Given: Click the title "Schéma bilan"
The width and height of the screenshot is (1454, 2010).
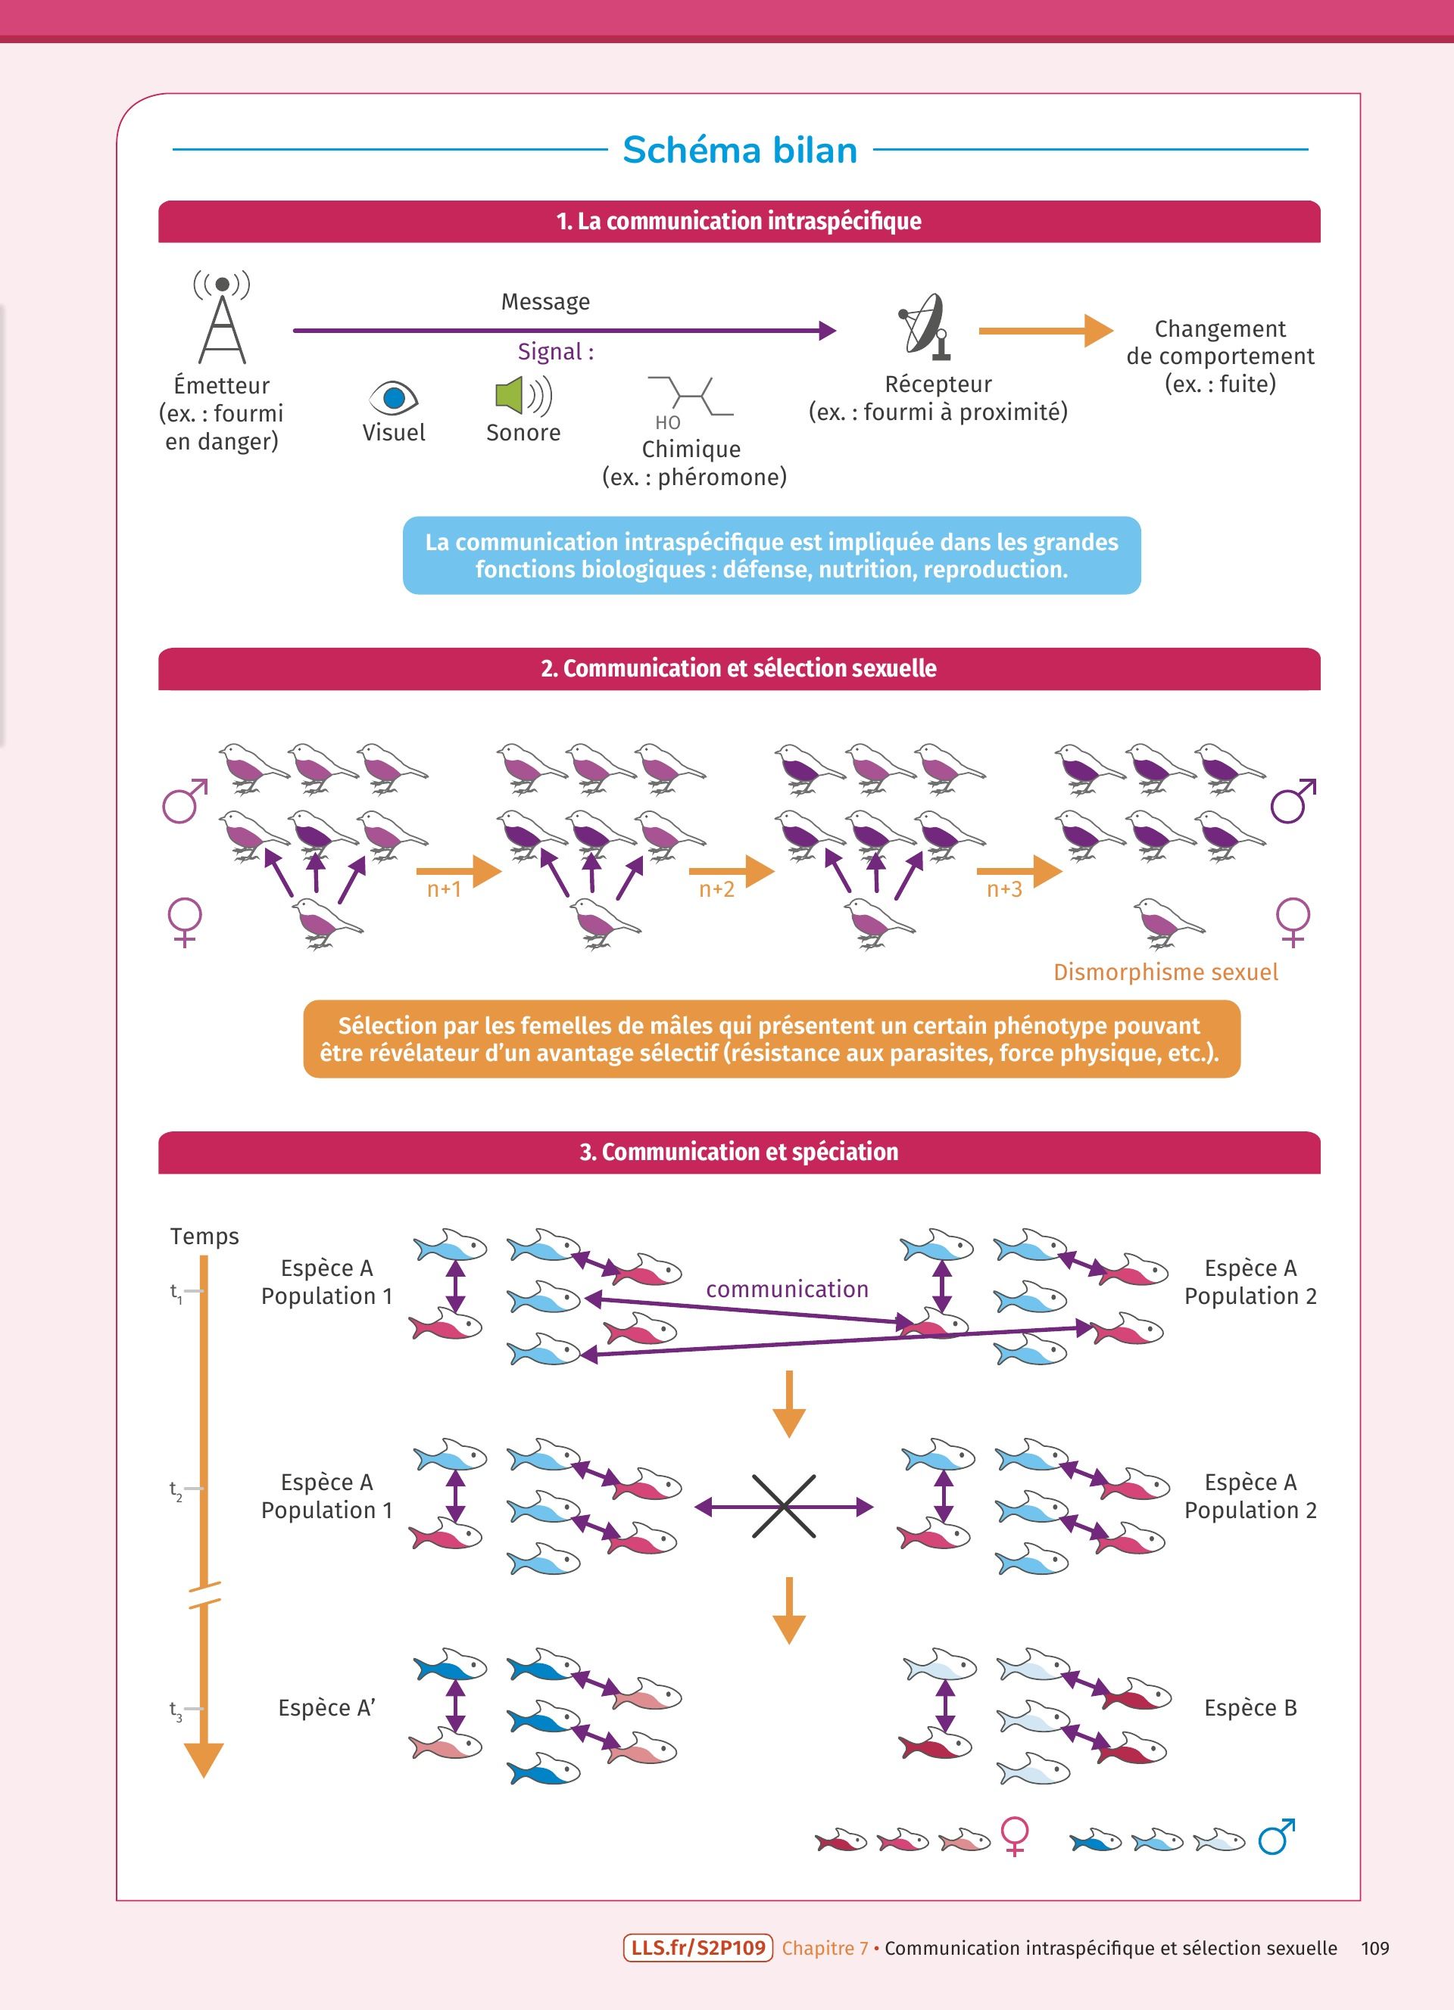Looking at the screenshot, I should click(739, 151).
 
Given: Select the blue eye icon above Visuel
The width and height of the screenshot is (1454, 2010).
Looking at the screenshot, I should click(393, 397).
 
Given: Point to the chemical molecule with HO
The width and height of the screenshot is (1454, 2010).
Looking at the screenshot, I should click(691, 401).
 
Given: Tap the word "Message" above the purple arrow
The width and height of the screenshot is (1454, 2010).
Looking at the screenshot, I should click(545, 302).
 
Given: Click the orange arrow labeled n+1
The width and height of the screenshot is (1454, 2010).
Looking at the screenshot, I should click(458, 871).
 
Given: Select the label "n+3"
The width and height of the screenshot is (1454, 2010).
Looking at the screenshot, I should click(1004, 889).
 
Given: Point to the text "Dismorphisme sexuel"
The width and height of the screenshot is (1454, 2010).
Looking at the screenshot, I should click(1165, 972).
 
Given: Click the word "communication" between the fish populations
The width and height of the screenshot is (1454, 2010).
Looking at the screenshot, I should click(788, 1290).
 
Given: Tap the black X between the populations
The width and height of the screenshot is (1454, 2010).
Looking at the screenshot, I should click(784, 1507).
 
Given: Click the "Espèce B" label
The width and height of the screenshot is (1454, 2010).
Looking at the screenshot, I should click(1250, 1708).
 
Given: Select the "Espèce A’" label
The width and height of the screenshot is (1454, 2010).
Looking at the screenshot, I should click(326, 1708).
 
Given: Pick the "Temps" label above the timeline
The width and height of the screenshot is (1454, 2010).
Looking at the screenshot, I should click(204, 1237).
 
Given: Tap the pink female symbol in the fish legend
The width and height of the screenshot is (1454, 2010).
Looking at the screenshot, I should click(1014, 1836).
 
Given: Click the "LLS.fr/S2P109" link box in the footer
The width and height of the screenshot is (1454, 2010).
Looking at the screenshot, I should click(697, 1948).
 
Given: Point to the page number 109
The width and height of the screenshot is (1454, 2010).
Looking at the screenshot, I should click(1374, 1948).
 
